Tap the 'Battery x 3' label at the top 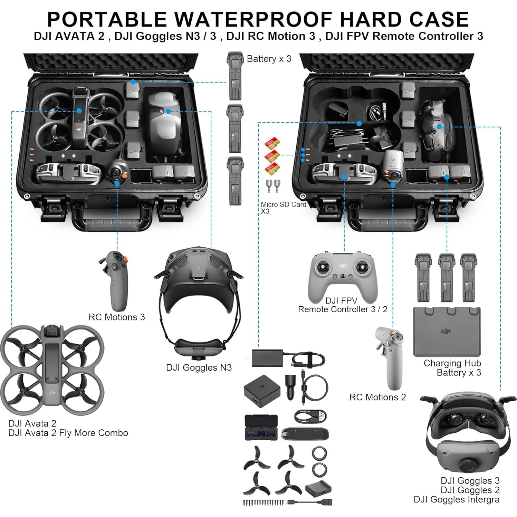269,59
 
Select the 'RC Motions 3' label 117,317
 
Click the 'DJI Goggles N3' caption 199,367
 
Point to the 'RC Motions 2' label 377,397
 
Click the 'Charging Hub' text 452,363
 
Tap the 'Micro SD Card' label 283,204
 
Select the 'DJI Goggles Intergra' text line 456,499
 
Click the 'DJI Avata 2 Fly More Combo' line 68,433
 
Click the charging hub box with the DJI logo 447,332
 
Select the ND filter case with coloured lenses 261,427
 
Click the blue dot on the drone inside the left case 79,111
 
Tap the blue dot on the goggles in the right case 439,126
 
